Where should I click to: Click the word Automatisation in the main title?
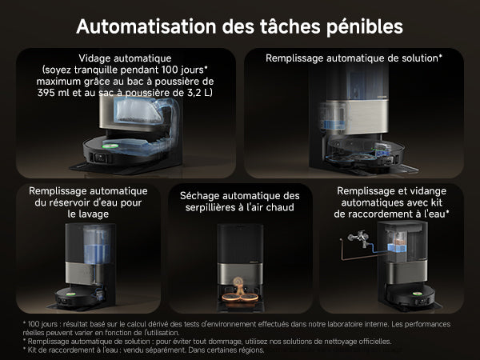tap(146, 26)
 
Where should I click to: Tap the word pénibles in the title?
tap(364, 27)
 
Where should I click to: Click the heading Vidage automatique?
tap(125, 58)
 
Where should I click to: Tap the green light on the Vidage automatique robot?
tap(110, 146)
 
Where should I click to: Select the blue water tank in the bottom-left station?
tap(97, 245)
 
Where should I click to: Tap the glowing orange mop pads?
tap(240, 297)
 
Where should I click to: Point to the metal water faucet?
tap(358, 238)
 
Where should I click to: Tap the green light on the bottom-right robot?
tap(416, 294)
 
